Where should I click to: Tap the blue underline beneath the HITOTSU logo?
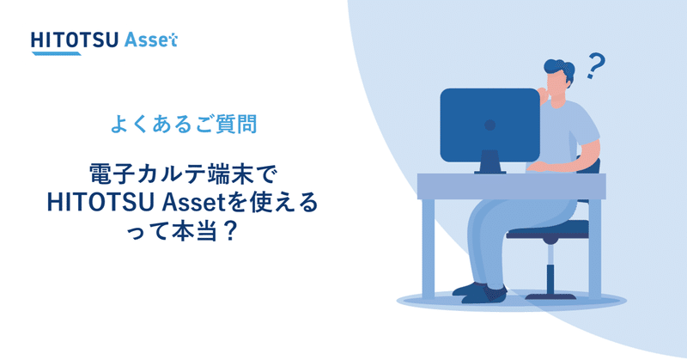coord(55,53)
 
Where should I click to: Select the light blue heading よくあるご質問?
coord(183,124)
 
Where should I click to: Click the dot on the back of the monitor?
coord(489,125)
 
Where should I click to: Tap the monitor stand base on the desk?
coord(489,169)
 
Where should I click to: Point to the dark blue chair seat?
coord(550,230)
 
